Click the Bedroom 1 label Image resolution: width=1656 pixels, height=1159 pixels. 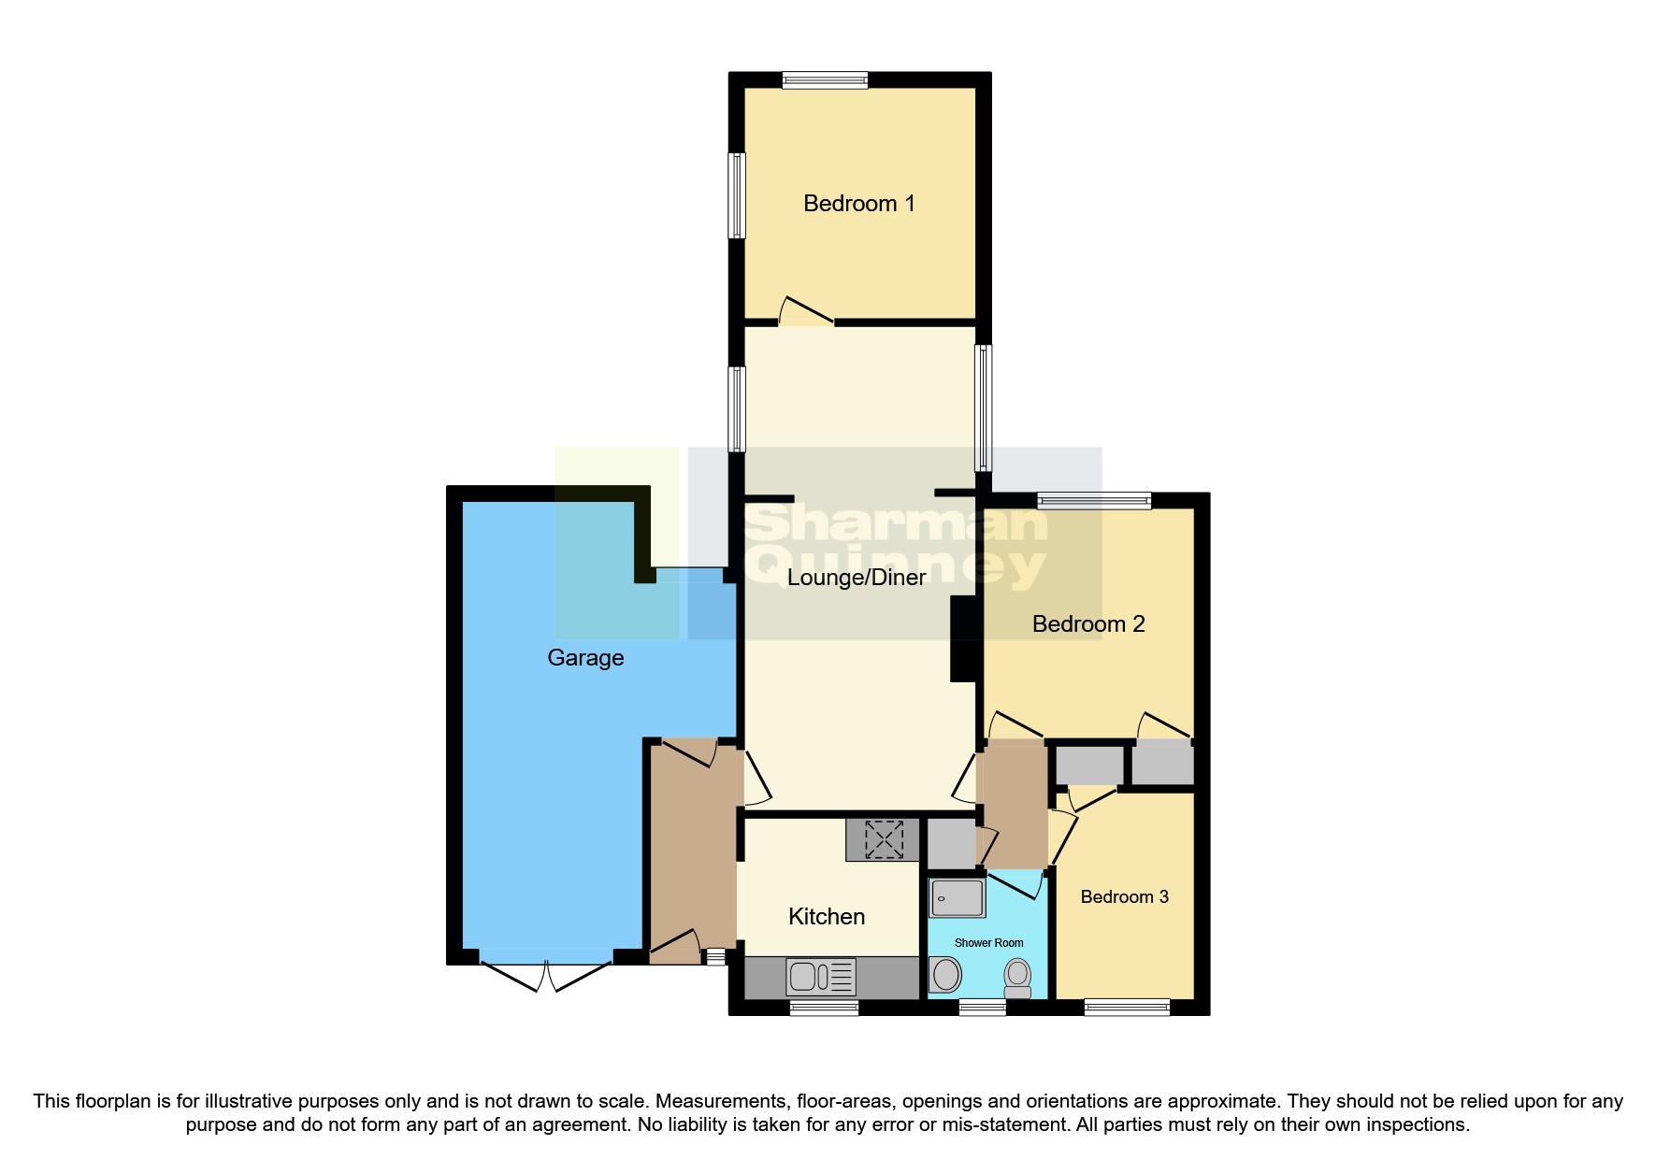click(x=858, y=204)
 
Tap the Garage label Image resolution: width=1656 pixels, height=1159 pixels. click(x=585, y=658)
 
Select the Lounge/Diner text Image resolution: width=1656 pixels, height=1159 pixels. click(x=857, y=578)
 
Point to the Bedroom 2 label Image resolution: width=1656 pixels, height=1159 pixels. click(x=1088, y=624)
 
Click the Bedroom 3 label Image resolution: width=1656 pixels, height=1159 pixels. click(x=1124, y=897)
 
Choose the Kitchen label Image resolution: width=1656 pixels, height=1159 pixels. click(x=827, y=917)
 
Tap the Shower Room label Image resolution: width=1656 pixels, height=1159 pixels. click(x=988, y=943)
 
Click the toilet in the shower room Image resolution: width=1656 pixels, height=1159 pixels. click(x=1017, y=977)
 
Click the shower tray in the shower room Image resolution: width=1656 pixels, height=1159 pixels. click(x=957, y=897)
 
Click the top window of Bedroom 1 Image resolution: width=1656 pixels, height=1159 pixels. click(x=825, y=80)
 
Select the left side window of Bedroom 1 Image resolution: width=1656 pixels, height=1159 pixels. click(x=737, y=195)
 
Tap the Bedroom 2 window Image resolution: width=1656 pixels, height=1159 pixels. click(x=1094, y=501)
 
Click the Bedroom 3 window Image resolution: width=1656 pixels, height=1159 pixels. click(x=1127, y=1008)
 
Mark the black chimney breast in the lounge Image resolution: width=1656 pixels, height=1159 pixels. click(x=962, y=638)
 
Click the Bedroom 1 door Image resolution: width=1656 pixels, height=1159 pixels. click(x=805, y=313)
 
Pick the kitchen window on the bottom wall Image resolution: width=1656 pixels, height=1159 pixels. click(x=824, y=1008)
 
